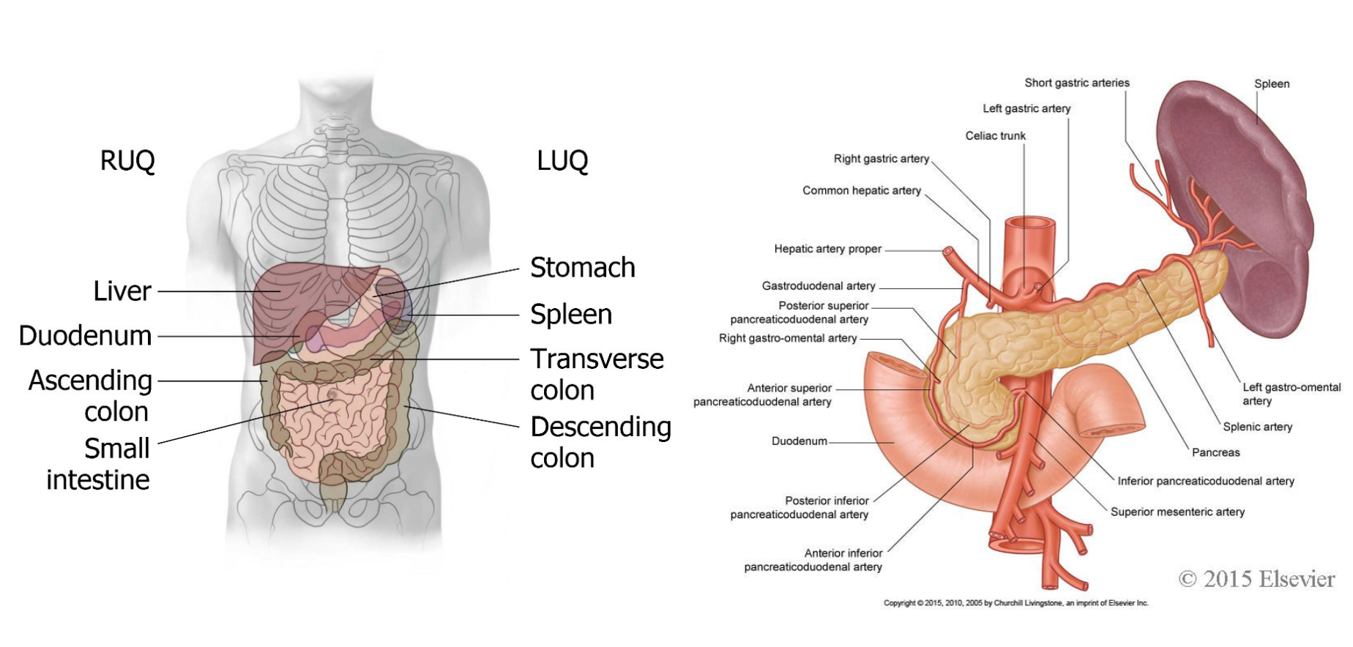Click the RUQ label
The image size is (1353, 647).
coord(127,160)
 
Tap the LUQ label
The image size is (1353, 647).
coord(562,160)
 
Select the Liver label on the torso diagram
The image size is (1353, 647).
coord(122,291)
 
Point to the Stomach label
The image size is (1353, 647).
coord(582,268)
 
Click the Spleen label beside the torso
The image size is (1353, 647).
coord(571,315)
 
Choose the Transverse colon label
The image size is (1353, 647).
coord(596,374)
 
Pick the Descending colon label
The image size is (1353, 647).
coord(600,442)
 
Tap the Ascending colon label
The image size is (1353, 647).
coord(91,395)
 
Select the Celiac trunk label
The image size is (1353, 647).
coord(995,136)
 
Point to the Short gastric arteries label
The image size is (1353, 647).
coord(1076,83)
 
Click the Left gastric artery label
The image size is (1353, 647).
coord(1026,109)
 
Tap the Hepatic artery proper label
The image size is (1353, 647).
coord(827,250)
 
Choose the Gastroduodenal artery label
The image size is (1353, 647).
coord(818,286)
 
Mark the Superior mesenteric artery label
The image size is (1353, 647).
coord(1177,512)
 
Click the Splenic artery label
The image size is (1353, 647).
coord(1257,427)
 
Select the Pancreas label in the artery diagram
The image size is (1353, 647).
coord(1215,453)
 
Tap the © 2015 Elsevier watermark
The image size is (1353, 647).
coord(1256,580)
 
